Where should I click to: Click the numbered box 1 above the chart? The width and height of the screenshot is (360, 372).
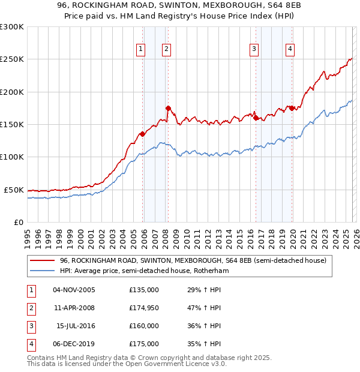(x=140, y=49)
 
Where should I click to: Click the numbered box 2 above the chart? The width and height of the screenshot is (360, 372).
(x=166, y=49)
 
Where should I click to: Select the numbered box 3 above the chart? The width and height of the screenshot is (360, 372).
(x=254, y=49)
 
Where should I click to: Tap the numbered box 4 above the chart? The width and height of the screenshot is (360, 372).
(x=290, y=49)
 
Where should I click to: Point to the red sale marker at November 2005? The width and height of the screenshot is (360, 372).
(x=142, y=134)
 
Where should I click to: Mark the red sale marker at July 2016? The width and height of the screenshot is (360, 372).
(x=256, y=118)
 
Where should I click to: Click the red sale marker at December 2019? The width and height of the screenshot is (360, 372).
(x=292, y=108)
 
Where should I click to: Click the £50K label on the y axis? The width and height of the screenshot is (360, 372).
(x=14, y=190)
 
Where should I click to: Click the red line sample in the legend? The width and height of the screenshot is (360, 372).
(x=42, y=261)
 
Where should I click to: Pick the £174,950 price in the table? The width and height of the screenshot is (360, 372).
(x=143, y=308)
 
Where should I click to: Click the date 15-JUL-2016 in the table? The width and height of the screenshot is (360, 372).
(x=74, y=326)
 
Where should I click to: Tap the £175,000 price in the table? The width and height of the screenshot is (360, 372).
(x=143, y=344)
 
